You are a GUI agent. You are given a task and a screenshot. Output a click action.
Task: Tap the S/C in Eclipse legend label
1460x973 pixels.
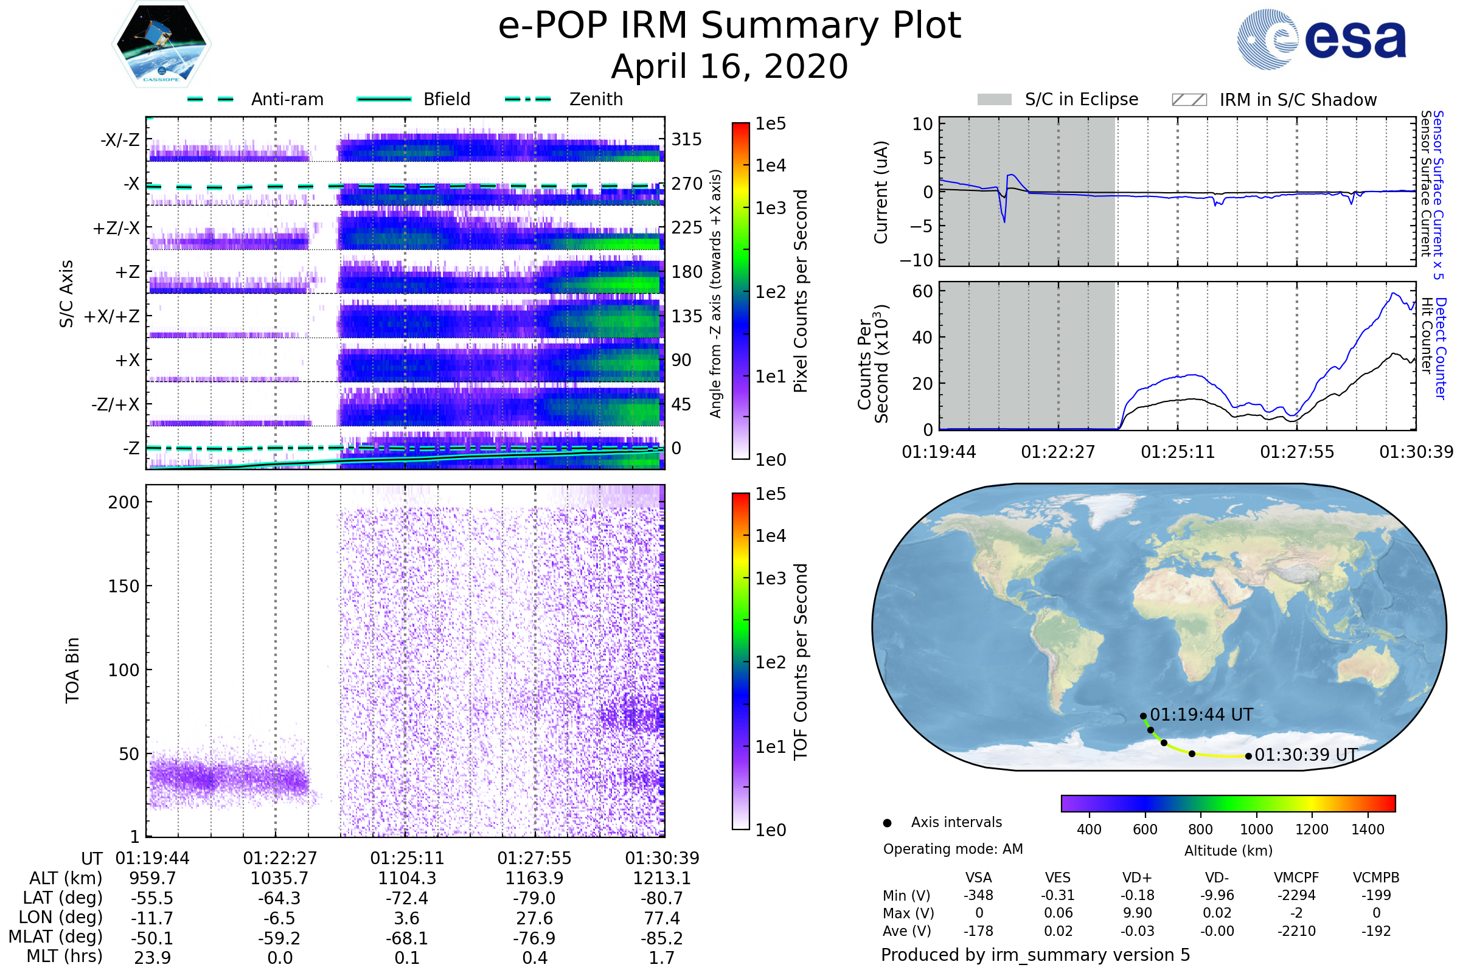1081,100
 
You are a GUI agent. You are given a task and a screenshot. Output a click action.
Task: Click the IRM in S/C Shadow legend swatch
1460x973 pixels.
1189,100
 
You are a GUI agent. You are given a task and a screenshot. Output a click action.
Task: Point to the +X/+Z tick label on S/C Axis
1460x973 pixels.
112,316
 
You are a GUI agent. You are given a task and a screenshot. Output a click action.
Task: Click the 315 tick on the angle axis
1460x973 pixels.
686,140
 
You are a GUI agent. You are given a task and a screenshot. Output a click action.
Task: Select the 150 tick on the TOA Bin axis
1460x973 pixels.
123,586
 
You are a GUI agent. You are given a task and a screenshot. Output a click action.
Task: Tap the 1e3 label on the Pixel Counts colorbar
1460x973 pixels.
770,209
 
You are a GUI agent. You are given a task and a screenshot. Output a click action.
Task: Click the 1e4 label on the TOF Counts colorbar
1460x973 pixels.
770,536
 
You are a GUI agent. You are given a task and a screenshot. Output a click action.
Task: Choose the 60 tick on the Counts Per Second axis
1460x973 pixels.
922,291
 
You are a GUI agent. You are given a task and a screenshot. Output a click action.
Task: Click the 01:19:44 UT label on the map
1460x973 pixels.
1201,715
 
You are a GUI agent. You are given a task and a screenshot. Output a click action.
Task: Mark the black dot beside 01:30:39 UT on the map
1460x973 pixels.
1248,756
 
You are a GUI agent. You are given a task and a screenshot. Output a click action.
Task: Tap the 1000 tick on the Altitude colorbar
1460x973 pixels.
1256,829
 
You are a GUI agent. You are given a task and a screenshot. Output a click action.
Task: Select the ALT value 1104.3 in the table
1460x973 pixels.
407,879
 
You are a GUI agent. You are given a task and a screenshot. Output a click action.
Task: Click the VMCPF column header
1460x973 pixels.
1296,878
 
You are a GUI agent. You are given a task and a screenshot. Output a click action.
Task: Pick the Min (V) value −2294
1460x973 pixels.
1296,895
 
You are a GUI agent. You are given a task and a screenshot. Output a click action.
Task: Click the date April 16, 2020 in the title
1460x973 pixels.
729,67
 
